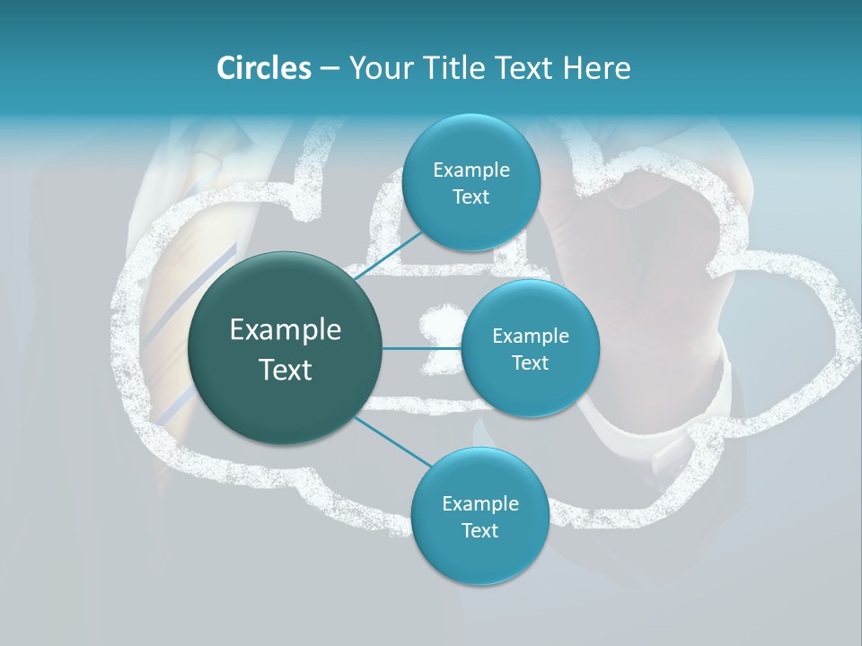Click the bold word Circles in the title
tap(264, 68)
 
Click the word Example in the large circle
tap(286, 330)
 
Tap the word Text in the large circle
tap(286, 370)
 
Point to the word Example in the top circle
tap(471, 170)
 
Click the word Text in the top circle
tap(471, 197)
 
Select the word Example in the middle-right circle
tap(530, 336)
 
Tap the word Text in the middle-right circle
tap(530, 363)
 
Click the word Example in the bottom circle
tap(479, 504)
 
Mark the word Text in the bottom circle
tap(479, 531)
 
